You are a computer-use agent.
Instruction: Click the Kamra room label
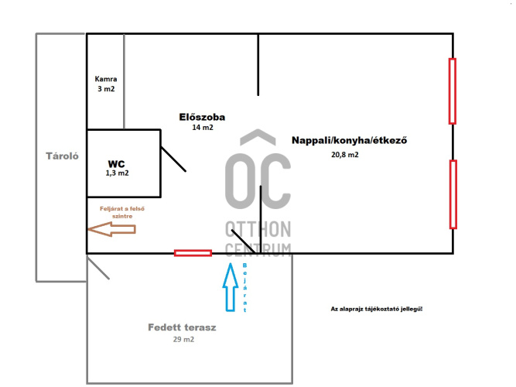pos(106,79)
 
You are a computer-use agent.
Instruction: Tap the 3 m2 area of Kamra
pos(106,89)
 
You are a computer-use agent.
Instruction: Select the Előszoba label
pos(202,118)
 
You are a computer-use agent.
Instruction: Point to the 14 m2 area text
pos(202,128)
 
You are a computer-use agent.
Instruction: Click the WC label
pos(116,163)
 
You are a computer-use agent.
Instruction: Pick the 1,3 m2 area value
pos(117,173)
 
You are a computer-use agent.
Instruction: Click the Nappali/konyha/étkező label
pos(349,141)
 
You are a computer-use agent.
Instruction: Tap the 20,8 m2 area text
pos(344,155)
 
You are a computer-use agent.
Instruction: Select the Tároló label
pos(60,155)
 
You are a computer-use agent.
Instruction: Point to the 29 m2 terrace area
pos(183,339)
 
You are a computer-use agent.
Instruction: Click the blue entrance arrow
pos(230,286)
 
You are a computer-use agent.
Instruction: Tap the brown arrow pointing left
pos(111,229)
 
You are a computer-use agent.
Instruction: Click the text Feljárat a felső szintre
pos(122,213)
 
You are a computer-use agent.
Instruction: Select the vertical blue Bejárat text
pos(245,287)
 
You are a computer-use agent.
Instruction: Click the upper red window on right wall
pos(453,91)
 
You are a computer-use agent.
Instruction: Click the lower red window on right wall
pos(453,194)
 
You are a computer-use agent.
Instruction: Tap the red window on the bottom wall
pos(193,252)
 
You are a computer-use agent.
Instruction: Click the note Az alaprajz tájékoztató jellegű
pos(376,309)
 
